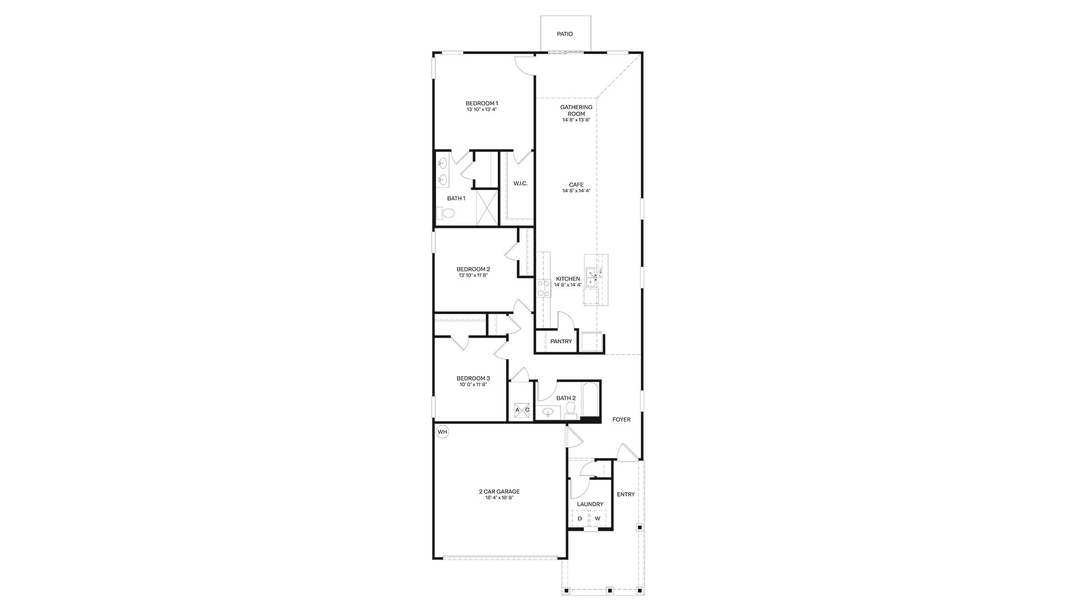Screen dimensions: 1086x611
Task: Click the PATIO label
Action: tap(564, 34)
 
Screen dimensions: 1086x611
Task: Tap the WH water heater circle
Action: tap(442, 432)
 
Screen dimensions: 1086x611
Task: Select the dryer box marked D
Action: tap(580, 518)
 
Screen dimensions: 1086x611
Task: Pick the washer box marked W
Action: tap(597, 518)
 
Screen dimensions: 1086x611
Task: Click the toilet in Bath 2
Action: tap(570, 411)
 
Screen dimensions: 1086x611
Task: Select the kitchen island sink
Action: tap(591, 277)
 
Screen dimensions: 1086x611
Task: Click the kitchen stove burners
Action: tap(544, 288)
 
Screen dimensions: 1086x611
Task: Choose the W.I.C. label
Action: tap(520, 183)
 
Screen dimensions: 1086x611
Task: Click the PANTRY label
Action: tap(561, 341)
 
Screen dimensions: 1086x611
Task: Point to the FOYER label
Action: tap(621, 420)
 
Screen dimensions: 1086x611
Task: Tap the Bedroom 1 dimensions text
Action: tap(481, 109)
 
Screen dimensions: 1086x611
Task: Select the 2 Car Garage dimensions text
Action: tap(499, 498)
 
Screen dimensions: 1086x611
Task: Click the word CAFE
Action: tap(576, 184)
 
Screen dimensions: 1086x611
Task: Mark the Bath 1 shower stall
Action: tap(486, 208)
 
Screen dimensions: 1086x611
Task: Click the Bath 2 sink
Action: tap(548, 413)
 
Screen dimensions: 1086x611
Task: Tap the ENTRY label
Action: tap(626, 494)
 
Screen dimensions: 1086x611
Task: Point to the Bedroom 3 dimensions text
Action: tap(473, 385)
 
